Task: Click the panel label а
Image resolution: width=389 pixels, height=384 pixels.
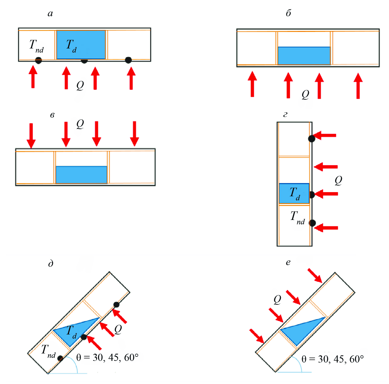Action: click(x=50, y=13)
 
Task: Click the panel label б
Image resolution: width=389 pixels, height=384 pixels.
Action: click(x=288, y=13)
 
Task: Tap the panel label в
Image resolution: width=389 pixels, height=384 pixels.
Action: click(x=52, y=115)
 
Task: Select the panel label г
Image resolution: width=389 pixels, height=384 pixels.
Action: click(x=285, y=115)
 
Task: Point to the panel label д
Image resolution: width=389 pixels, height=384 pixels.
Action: click(x=51, y=264)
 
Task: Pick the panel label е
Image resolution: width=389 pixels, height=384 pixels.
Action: click(x=288, y=262)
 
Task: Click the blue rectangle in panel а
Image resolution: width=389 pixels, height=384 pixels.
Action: click(x=81, y=45)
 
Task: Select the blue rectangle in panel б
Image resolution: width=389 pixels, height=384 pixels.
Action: click(x=304, y=56)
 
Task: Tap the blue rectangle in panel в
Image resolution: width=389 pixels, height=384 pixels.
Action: click(x=81, y=175)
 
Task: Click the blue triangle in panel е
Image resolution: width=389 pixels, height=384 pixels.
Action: click(x=303, y=329)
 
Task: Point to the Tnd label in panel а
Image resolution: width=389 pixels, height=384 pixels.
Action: click(x=36, y=46)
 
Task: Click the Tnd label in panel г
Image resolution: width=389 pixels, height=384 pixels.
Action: click(x=297, y=217)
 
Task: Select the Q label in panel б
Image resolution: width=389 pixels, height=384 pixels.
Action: click(x=305, y=94)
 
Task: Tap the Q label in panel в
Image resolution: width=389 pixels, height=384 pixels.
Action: click(x=80, y=124)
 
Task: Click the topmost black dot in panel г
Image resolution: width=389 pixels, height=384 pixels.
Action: click(x=311, y=138)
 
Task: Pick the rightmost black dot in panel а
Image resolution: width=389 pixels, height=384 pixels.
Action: click(x=128, y=60)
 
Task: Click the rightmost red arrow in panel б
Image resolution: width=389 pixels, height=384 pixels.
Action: click(x=358, y=86)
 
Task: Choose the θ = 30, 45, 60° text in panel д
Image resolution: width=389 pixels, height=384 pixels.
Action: click(x=107, y=357)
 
